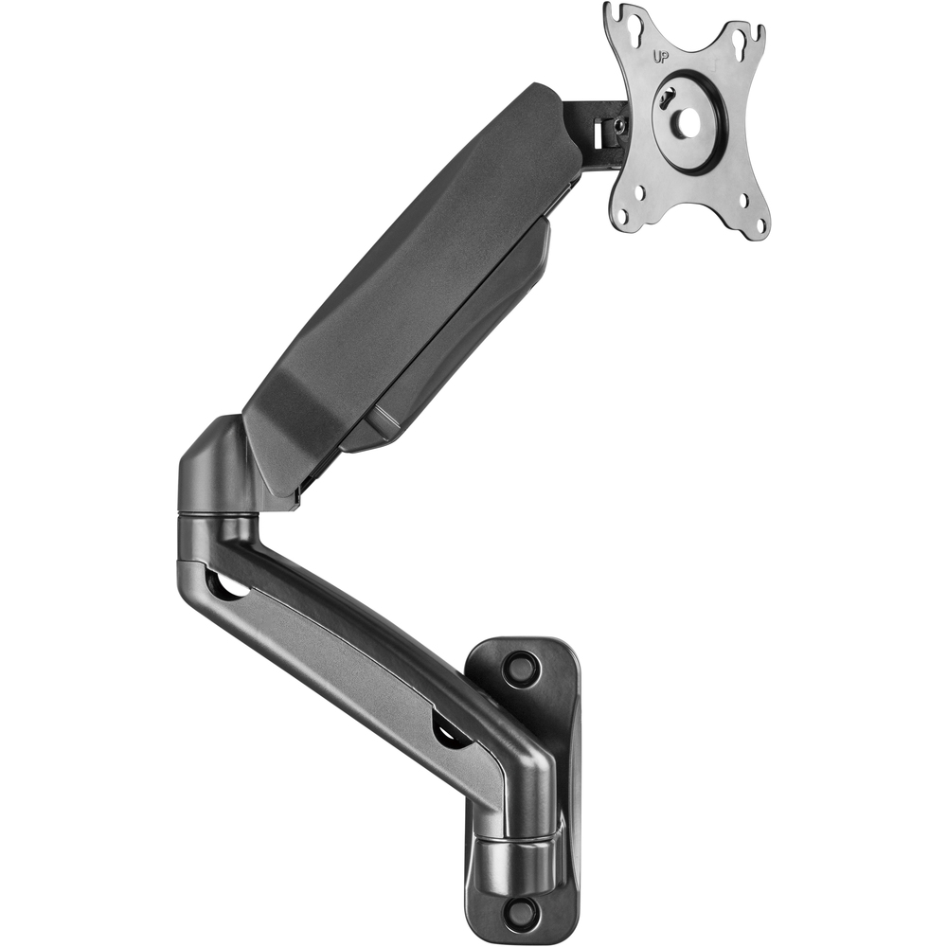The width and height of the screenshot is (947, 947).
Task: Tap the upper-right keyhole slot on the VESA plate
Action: (741, 49)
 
